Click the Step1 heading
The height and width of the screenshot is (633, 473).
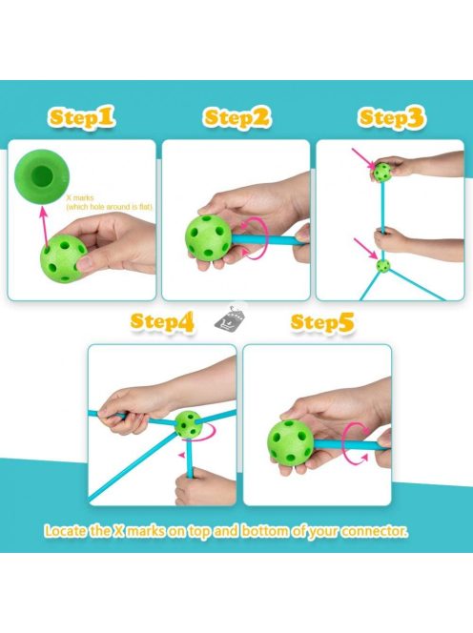coord(82,117)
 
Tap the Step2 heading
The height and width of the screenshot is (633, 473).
coord(236,117)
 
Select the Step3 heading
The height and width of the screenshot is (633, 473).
coord(391,118)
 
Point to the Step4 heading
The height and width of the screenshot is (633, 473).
coord(162,322)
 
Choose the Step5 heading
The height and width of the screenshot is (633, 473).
coord(322,322)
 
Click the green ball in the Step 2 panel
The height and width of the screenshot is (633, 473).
coord(209,236)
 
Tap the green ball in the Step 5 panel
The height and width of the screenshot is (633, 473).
coord(291,443)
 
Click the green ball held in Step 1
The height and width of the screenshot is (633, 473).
coord(63,258)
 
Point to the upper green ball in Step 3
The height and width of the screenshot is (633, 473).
coord(381,172)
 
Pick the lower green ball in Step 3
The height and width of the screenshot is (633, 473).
coord(383,266)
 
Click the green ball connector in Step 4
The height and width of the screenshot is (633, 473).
coord(189,424)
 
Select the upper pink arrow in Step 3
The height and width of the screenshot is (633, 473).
coord(363,158)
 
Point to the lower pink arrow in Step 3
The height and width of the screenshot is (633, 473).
coord(366,248)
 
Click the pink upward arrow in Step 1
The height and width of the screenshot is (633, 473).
coord(43,226)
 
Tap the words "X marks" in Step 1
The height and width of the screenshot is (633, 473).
coord(80,198)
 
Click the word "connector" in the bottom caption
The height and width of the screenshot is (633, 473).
coord(374,530)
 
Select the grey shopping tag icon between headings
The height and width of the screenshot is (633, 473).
coord(231,317)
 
